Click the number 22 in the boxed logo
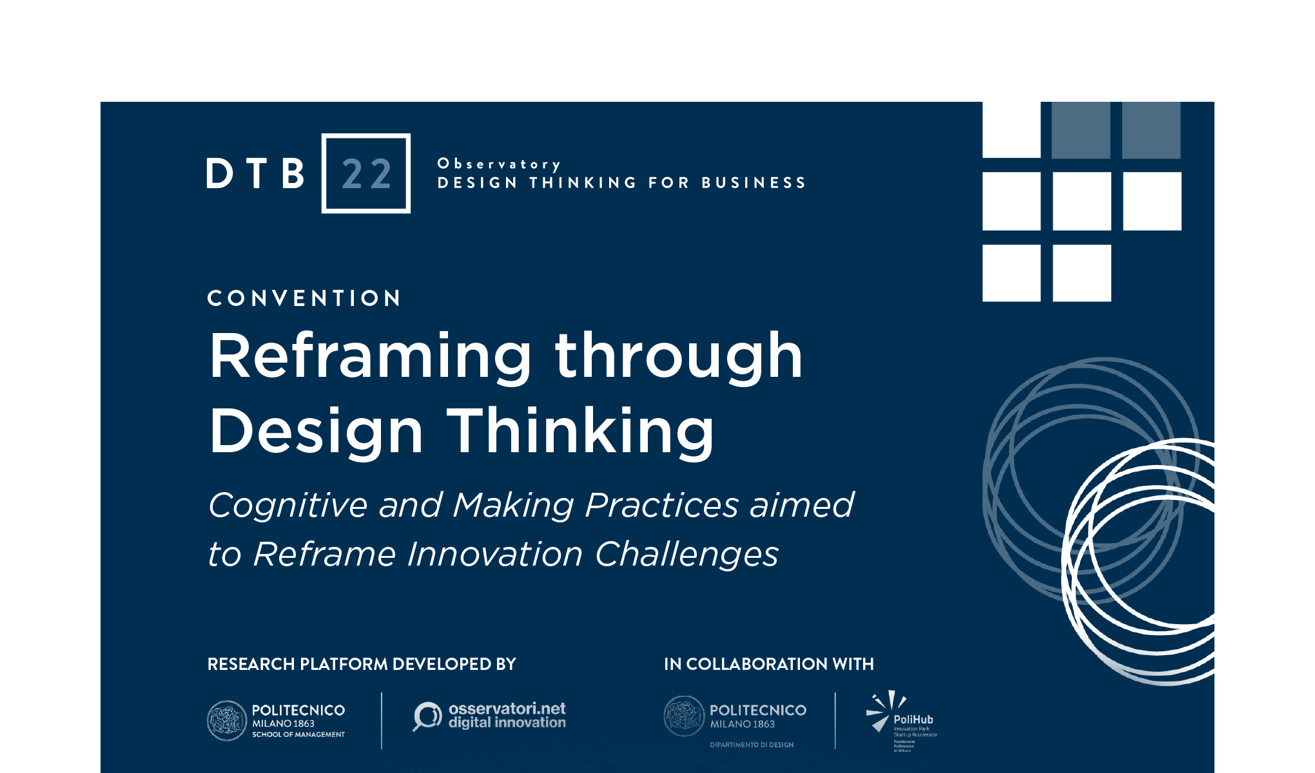[366, 174]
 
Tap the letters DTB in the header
[255, 174]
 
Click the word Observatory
[499, 164]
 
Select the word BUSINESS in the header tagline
[754, 183]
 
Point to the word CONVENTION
[304, 298]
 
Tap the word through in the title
[679, 356]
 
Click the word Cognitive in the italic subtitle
[287, 505]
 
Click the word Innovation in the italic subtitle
[494, 554]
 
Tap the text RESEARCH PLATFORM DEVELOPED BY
[362, 664]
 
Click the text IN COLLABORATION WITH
[768, 664]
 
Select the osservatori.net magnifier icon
[426, 716]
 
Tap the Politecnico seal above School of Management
[226, 720]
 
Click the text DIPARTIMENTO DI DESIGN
[752, 745]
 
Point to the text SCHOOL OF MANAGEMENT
[298, 734]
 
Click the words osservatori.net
[507, 709]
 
